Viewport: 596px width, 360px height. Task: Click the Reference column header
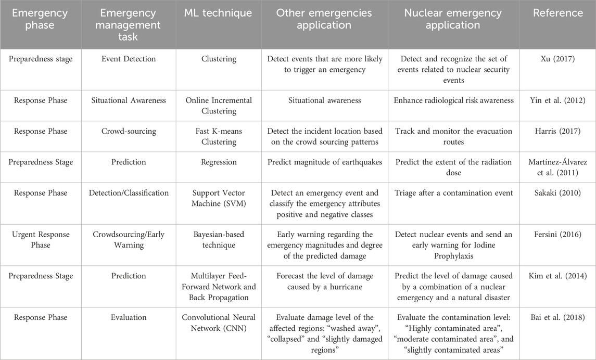(557, 13)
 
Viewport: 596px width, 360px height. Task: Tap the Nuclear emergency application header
(453, 19)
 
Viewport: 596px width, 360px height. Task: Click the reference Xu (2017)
(557, 59)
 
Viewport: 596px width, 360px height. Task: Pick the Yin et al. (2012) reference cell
(557, 100)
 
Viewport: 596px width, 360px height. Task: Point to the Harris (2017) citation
(557, 131)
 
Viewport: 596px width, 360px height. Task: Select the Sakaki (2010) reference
(557, 193)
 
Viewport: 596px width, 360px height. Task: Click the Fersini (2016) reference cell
(557, 234)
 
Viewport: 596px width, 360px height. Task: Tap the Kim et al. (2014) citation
(557, 276)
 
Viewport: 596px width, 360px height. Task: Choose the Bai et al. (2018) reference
(557, 317)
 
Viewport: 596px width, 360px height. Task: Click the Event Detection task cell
(129, 59)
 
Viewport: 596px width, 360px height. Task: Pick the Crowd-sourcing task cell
(129, 131)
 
